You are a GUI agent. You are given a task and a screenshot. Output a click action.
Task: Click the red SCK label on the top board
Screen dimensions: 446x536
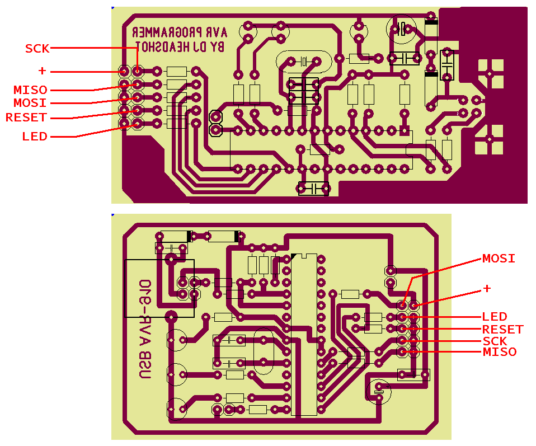[x=37, y=49]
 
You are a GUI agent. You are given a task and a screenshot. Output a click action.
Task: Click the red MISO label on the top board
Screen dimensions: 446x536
[x=30, y=90]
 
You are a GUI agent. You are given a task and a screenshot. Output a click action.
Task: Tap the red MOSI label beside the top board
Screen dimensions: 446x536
[x=30, y=103]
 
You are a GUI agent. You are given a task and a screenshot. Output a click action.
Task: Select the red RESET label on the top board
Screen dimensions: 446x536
[x=26, y=118]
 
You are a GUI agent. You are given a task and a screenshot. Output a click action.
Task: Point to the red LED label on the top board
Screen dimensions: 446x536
[x=35, y=136]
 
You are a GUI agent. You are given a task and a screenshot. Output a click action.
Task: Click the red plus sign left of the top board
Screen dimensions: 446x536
[x=42, y=71]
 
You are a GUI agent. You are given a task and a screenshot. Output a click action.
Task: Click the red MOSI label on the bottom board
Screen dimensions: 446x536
[x=499, y=259]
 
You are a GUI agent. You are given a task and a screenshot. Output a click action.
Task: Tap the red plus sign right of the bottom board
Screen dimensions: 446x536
[x=487, y=288]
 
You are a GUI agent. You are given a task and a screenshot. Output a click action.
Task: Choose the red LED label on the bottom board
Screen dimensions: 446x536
[x=495, y=317]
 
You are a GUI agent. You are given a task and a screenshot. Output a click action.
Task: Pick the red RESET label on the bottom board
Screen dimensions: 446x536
[x=502, y=329]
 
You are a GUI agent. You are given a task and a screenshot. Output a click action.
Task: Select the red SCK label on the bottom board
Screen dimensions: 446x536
[x=495, y=341]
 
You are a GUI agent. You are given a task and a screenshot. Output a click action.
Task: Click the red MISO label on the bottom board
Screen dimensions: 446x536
[x=499, y=352]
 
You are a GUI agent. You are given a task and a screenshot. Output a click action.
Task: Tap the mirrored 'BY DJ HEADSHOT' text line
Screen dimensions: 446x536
[x=179, y=48]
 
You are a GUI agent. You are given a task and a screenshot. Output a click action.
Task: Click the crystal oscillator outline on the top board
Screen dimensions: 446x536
[x=302, y=62]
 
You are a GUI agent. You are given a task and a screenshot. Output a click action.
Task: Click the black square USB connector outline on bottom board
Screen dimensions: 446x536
[x=159, y=288]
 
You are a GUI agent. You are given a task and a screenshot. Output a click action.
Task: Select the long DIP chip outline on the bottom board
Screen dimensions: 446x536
[x=304, y=335]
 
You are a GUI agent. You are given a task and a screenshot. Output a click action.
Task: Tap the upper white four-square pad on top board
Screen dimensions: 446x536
[x=490, y=73]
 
